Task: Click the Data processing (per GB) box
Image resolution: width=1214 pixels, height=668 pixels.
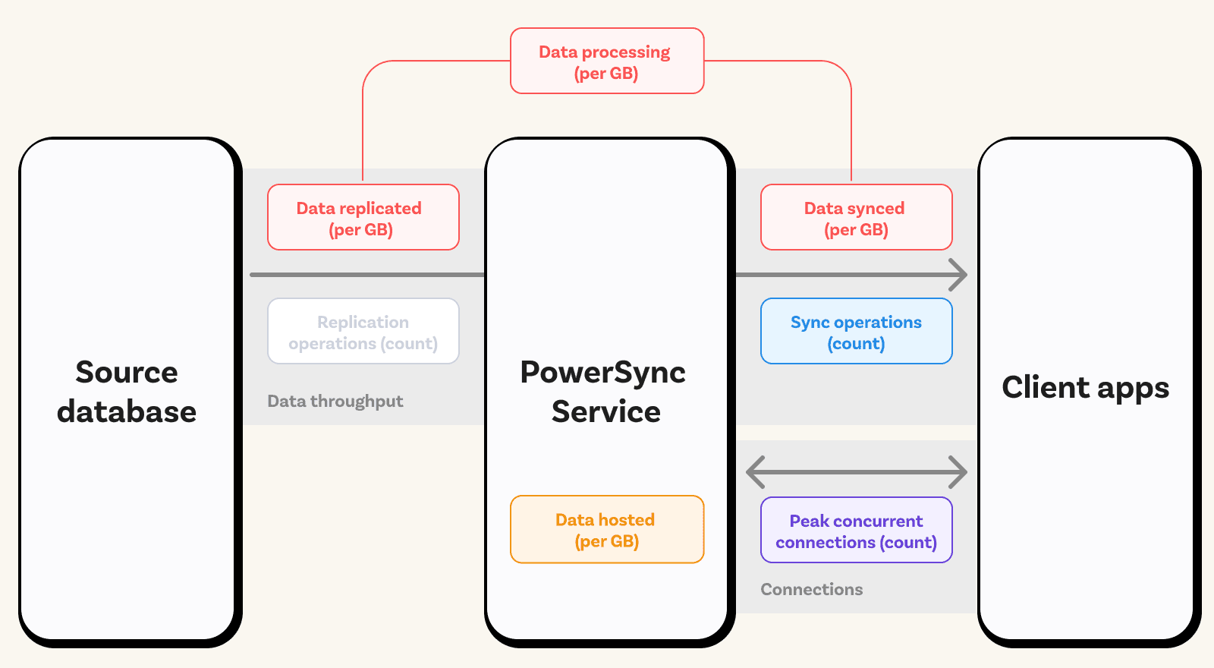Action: (x=607, y=61)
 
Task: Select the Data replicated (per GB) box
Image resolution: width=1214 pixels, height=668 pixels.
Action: (x=363, y=217)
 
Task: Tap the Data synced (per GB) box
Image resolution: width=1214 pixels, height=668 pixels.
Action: (x=857, y=217)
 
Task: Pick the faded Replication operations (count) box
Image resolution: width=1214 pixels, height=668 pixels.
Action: (x=363, y=331)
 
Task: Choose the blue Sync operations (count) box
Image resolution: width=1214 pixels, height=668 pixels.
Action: (x=857, y=331)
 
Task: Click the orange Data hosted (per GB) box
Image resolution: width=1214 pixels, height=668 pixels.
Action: (x=607, y=529)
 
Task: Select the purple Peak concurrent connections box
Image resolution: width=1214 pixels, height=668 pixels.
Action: (x=857, y=530)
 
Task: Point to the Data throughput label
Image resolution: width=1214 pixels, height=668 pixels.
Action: (x=335, y=402)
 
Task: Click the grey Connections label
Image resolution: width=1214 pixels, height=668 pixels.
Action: (x=811, y=589)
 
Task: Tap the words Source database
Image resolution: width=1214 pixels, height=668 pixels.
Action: (x=127, y=392)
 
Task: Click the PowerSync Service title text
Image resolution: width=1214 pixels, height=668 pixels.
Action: (x=604, y=392)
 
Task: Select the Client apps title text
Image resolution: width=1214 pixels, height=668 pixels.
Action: (x=1086, y=388)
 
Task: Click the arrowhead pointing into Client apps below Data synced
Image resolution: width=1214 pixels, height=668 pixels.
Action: (x=959, y=275)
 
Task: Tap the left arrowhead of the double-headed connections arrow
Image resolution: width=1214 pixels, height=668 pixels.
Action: (x=756, y=472)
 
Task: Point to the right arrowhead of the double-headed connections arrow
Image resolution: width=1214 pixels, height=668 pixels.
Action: (x=958, y=472)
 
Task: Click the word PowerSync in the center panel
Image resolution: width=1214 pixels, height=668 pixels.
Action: (x=603, y=373)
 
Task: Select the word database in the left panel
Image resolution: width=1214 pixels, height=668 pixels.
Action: (x=127, y=411)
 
